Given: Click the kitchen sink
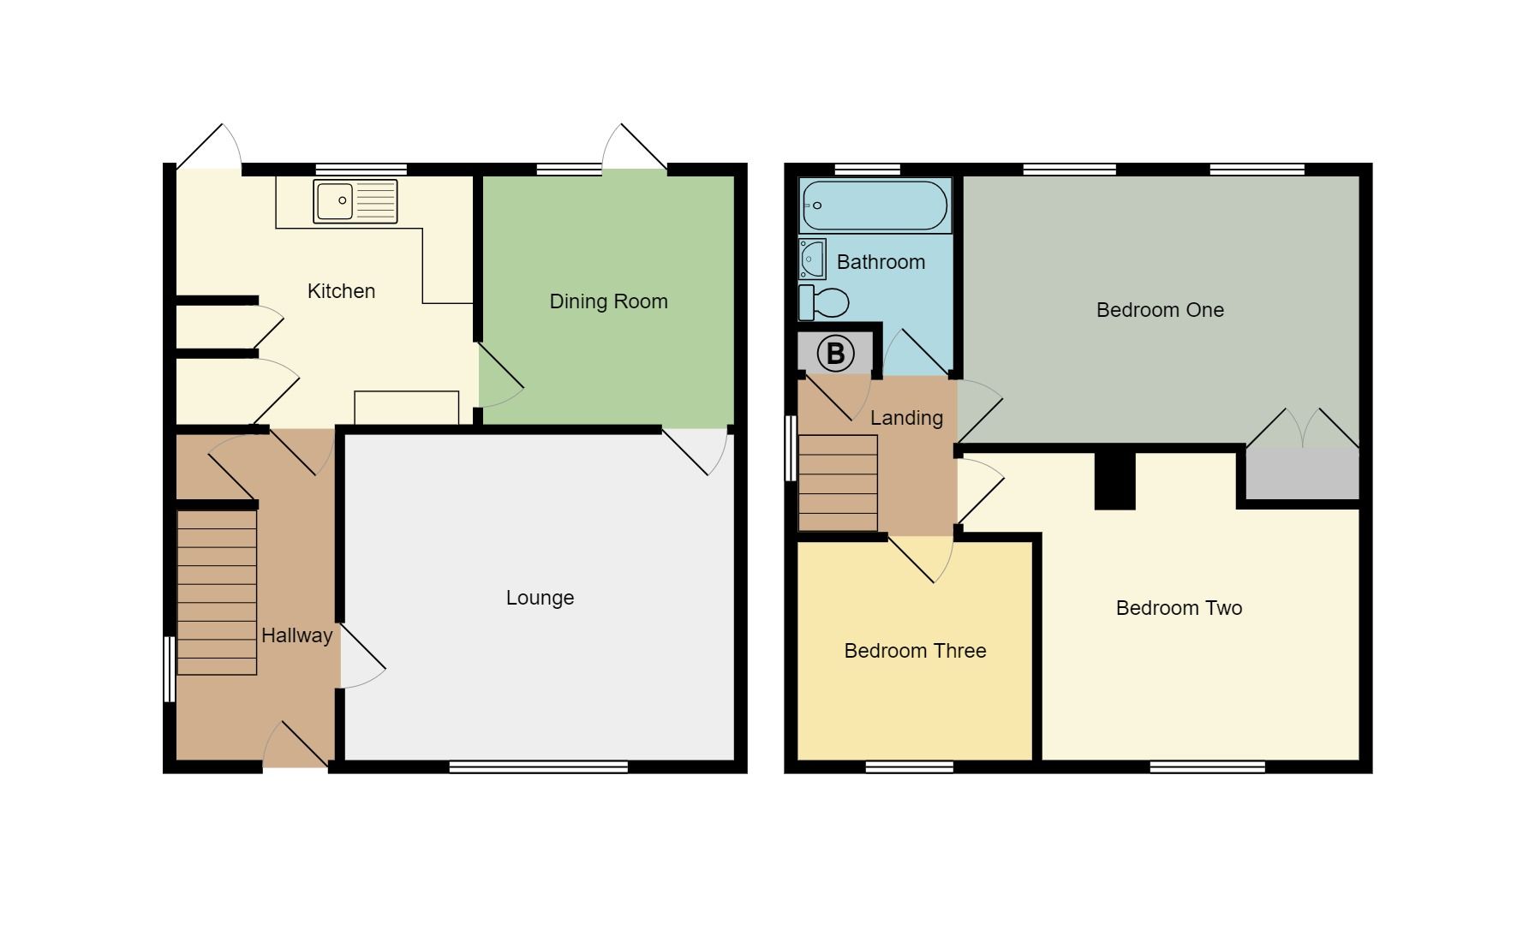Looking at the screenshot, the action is click(x=355, y=201).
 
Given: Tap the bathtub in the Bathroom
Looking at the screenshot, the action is click(x=875, y=206).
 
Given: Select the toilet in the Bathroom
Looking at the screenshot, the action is click(x=823, y=302).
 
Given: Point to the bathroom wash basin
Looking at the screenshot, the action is click(x=812, y=259).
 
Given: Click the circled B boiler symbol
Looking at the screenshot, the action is click(x=835, y=354).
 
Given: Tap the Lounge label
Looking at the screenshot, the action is click(x=540, y=598).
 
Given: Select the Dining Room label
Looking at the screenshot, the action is click(x=608, y=301).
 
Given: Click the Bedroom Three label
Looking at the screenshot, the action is click(x=915, y=651).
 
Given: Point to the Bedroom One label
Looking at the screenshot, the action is click(x=1160, y=310).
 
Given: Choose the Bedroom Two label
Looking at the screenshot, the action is click(x=1179, y=608).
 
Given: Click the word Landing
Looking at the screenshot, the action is click(x=906, y=418).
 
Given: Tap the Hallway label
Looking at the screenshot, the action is click(x=296, y=635).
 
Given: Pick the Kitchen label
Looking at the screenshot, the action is click(x=341, y=291).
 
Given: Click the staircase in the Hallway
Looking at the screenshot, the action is click(x=217, y=593).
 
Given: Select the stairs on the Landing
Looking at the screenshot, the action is click(x=838, y=483).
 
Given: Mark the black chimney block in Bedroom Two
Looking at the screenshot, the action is click(x=1114, y=480).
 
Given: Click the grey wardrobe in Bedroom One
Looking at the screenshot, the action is click(x=1302, y=473).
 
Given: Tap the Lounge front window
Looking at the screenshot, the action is click(x=539, y=767).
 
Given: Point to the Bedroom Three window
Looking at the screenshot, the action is click(x=909, y=767).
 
